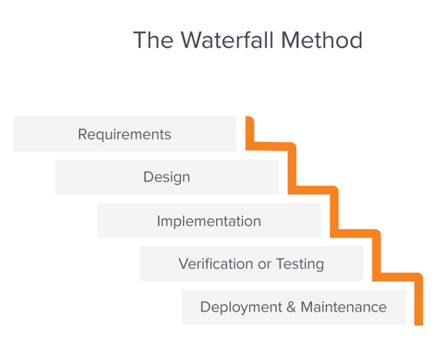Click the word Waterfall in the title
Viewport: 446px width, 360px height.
228,40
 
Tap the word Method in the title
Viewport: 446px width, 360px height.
322,40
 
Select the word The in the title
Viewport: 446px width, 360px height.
154,40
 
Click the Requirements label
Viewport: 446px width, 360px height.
125,135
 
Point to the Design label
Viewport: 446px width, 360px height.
167,177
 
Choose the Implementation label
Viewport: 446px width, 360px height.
209,221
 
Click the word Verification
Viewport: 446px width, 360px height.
216,264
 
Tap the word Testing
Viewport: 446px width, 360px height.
300,264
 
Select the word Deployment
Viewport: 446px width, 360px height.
241,308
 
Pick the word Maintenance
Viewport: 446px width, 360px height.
344,307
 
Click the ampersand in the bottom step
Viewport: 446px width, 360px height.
291,307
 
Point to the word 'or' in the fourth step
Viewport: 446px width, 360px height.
265,265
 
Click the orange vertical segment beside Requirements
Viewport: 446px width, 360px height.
250,133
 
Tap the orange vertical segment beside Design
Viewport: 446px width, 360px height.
292,168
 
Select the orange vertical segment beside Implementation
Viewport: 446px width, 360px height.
334,212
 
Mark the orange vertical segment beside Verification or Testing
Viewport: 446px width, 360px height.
377,255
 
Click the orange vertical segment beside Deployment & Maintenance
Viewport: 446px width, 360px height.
418,299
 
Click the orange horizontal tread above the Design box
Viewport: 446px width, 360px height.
271,146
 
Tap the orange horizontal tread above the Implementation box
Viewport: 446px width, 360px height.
313,190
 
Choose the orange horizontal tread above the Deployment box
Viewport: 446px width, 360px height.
398,277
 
